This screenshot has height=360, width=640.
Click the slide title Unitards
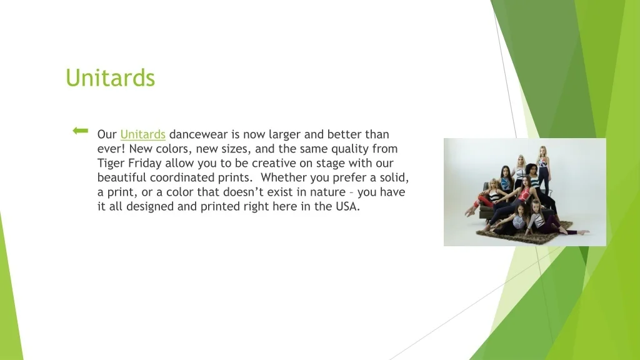pos(110,77)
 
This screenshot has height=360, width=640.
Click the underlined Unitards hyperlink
pos(143,134)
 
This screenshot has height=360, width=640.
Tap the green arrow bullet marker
pos(81,131)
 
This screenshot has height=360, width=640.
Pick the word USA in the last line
pos(347,206)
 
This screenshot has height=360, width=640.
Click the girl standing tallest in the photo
pos(543,171)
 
